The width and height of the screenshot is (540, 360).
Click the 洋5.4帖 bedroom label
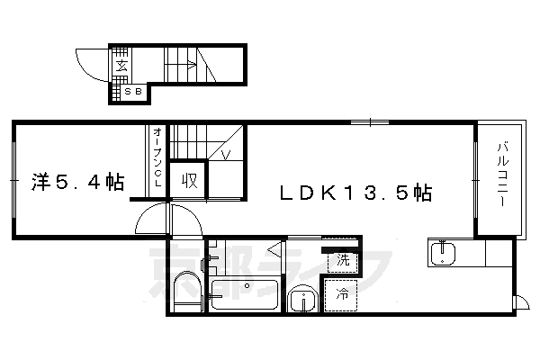tap(77, 182)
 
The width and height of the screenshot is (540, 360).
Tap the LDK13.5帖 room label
tap(355, 193)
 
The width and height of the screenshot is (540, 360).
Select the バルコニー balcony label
tap(502, 175)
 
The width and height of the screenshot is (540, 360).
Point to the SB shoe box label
tap(133, 92)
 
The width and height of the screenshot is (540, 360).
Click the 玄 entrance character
tap(121, 65)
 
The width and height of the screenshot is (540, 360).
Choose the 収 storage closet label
tap(189, 180)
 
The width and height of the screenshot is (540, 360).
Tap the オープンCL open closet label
tap(157, 157)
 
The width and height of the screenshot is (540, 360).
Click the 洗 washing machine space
tap(343, 260)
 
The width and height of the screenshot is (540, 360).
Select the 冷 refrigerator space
tap(341, 295)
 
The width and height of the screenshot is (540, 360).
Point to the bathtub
tap(245, 294)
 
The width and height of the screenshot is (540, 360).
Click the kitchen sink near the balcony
tap(443, 253)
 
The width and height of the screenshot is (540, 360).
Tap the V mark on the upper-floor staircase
tap(226, 155)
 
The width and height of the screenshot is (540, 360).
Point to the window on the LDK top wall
tap(370, 122)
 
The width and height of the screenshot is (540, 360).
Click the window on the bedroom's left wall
tap(14, 180)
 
